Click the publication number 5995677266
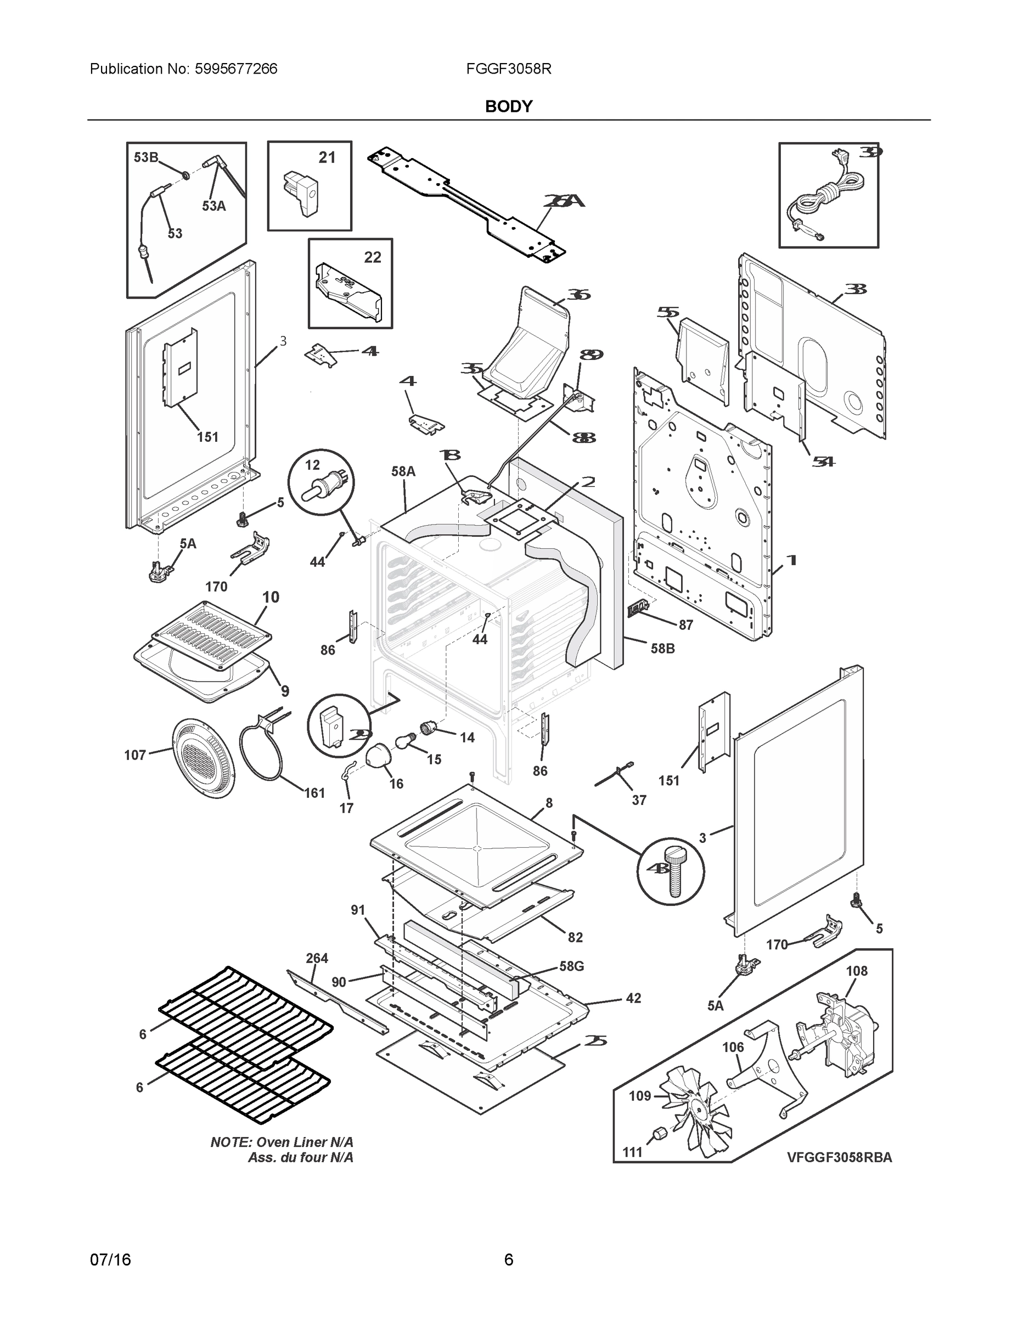(236, 69)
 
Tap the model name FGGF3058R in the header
(508, 69)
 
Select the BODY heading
(508, 107)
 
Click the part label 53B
(145, 157)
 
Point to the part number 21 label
(327, 157)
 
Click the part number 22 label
(373, 257)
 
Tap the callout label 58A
(403, 471)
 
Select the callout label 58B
(662, 649)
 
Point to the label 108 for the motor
(856, 971)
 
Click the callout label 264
(317, 958)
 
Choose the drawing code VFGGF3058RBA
(839, 1157)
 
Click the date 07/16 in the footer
(110, 1260)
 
